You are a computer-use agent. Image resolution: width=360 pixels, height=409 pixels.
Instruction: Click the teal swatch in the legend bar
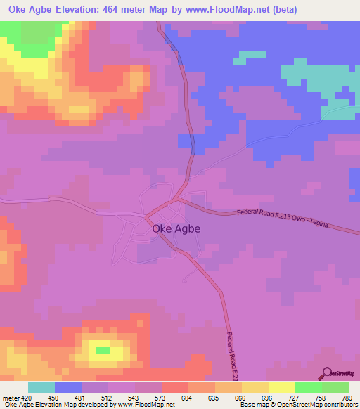41,387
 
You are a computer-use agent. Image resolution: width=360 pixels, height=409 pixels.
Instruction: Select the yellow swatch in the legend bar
282,387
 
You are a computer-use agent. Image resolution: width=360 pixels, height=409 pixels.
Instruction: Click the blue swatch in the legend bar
68,387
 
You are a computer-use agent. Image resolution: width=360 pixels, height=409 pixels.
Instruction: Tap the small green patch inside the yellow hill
103,350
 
